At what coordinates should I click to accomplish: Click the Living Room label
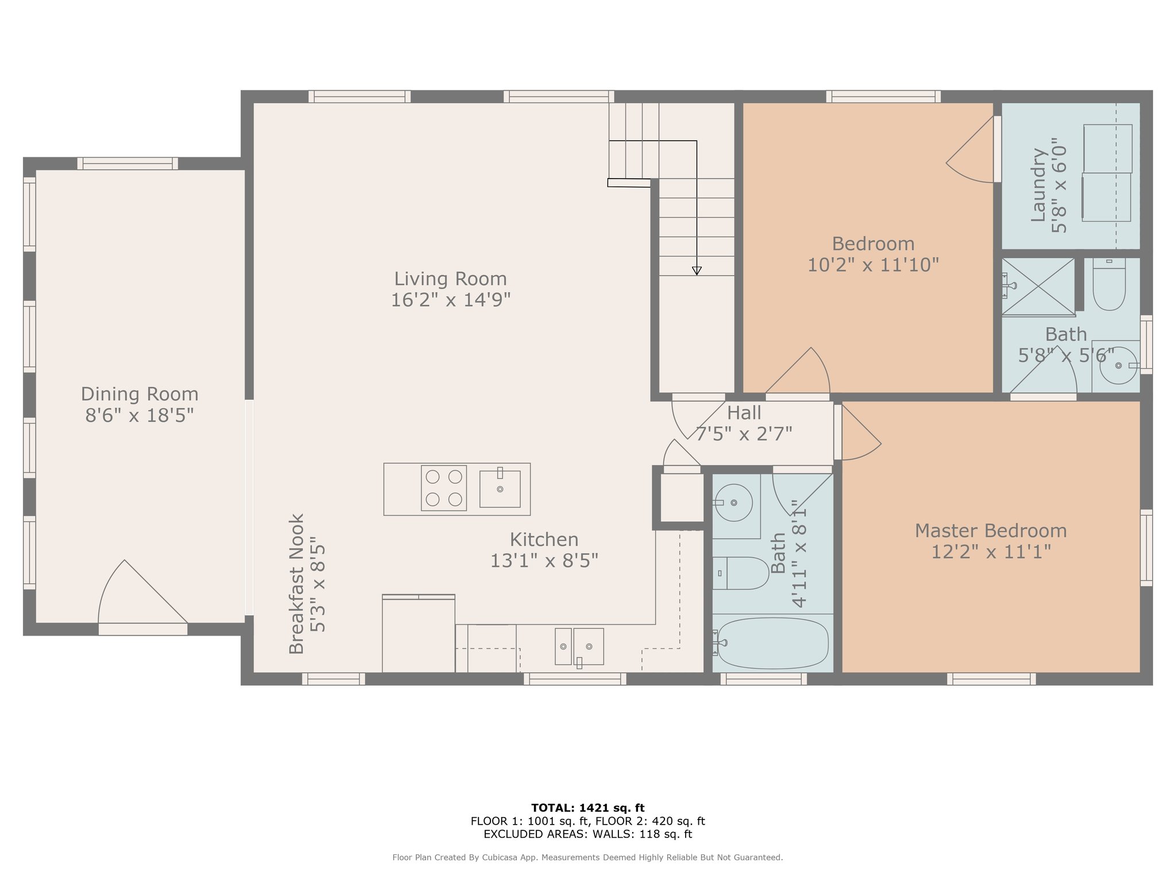click(450, 279)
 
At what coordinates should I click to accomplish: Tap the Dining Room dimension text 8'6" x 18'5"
click(140, 415)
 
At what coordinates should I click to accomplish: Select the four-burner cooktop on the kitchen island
click(444, 488)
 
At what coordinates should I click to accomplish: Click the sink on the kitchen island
click(500, 488)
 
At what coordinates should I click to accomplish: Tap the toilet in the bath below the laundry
click(1109, 284)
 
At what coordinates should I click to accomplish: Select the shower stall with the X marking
click(1038, 287)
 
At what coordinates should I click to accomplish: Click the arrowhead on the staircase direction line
click(697, 271)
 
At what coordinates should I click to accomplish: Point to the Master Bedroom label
click(991, 531)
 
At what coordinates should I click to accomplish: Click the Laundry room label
click(1038, 185)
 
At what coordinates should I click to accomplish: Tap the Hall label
click(744, 413)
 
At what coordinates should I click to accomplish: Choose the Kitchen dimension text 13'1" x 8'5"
click(544, 560)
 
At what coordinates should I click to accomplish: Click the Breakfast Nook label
click(296, 584)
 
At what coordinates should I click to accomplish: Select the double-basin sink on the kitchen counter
click(579, 647)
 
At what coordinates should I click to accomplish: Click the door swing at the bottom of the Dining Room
click(142, 592)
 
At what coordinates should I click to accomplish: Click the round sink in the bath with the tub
click(734, 503)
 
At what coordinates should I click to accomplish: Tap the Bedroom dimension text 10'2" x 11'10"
click(873, 265)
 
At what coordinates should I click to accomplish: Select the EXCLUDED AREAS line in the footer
click(588, 834)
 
